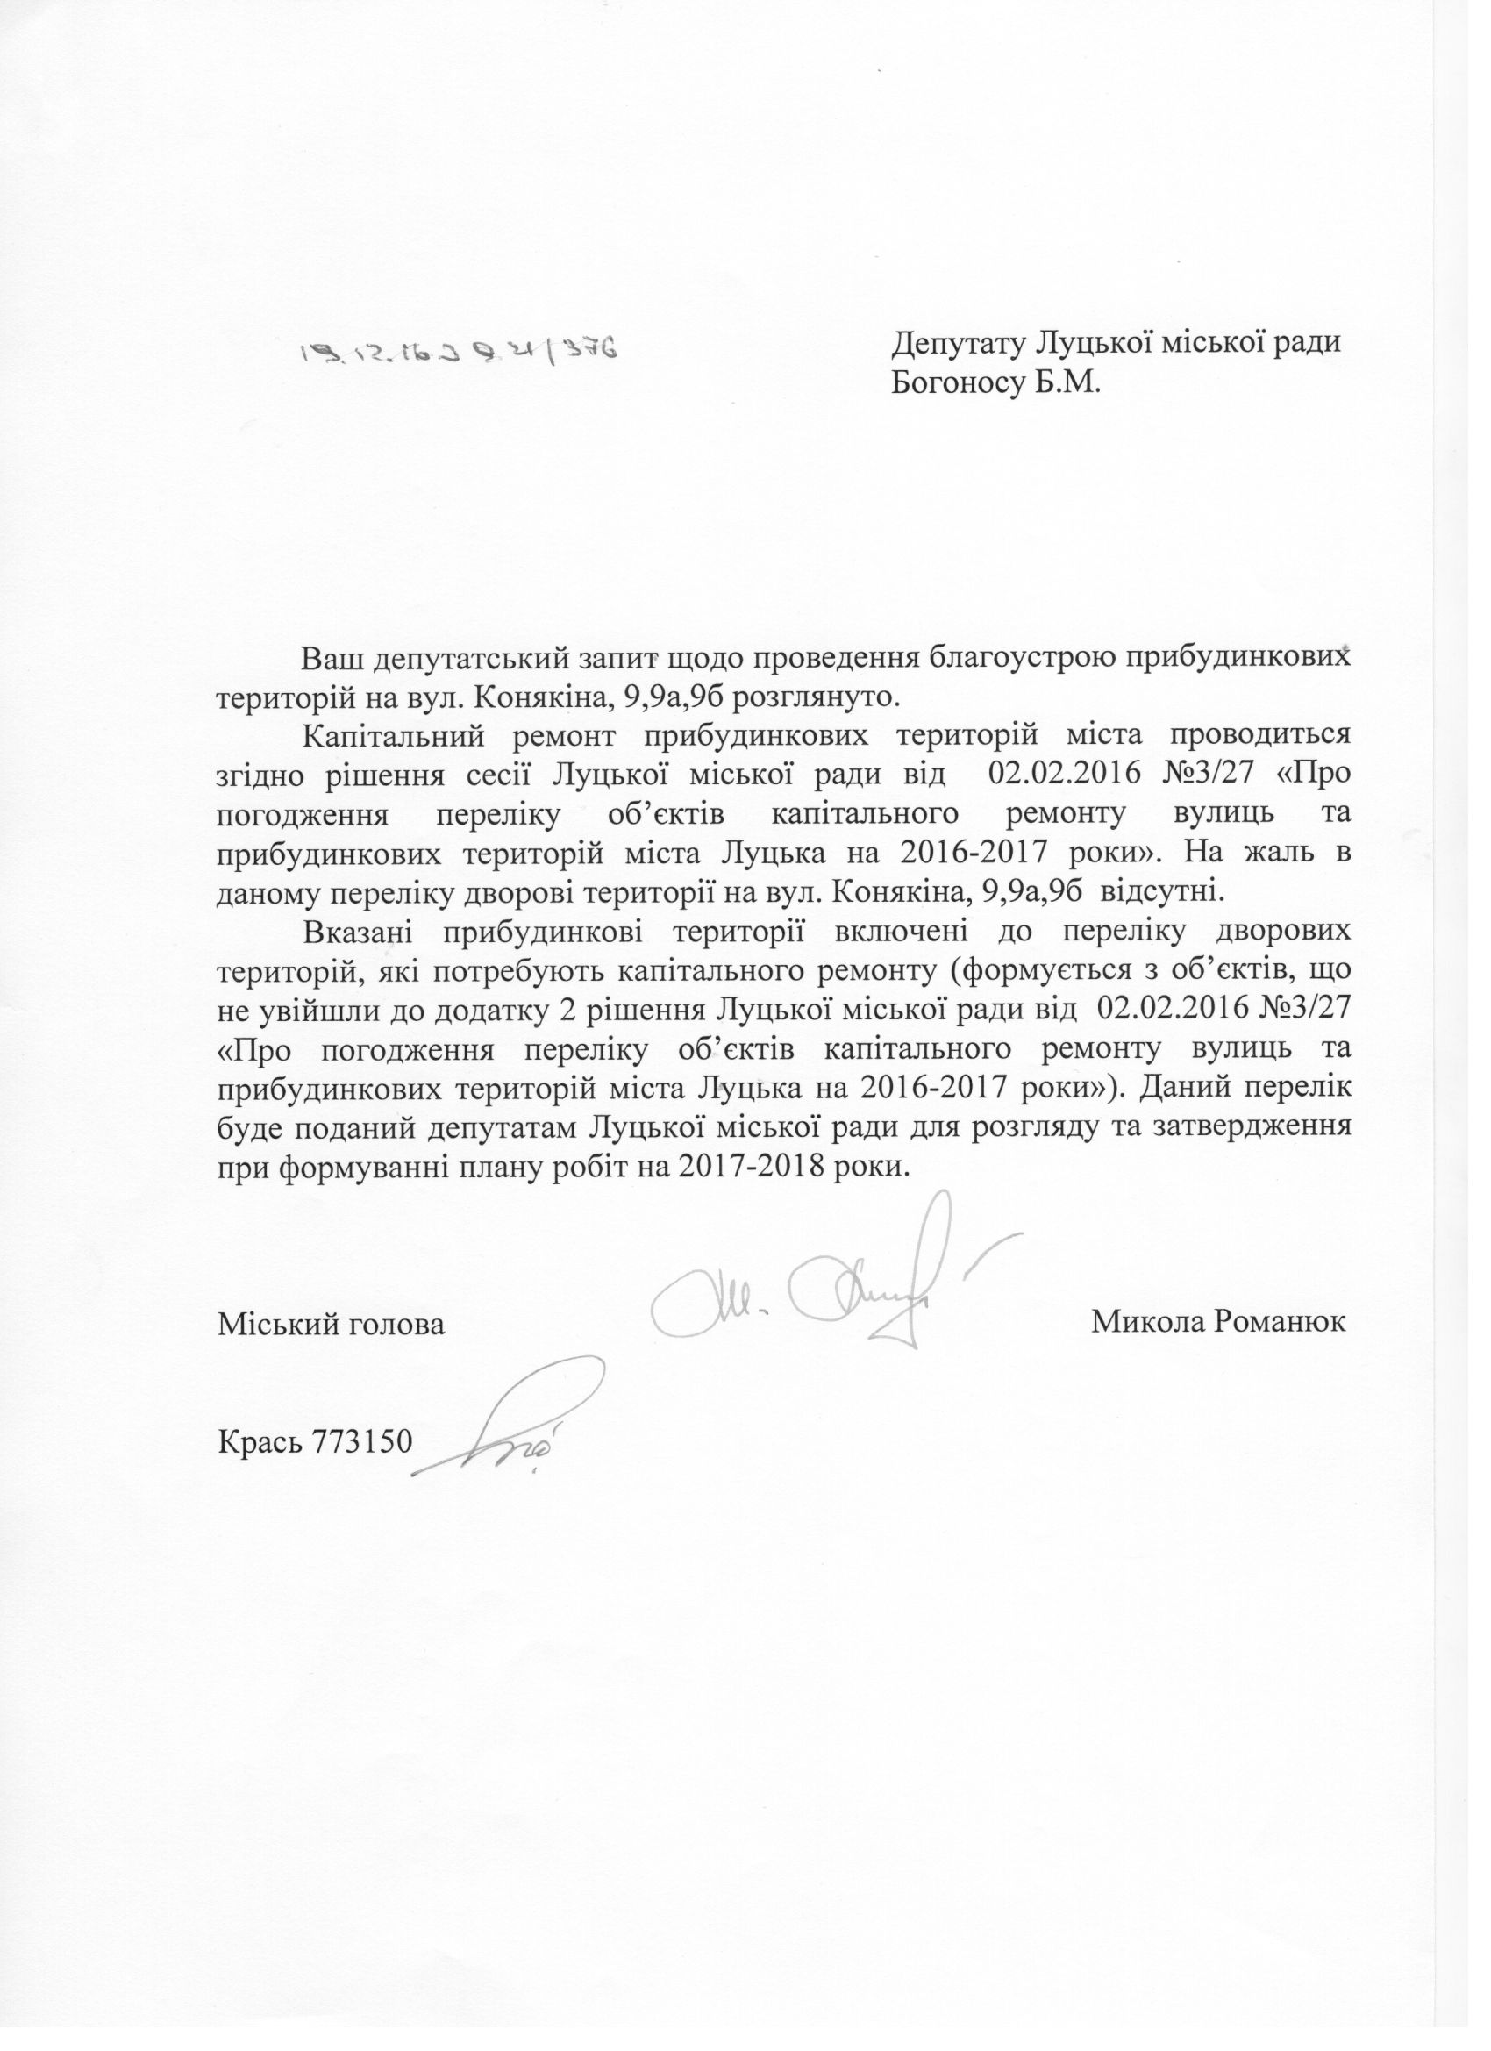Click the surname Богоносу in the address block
(960, 383)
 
